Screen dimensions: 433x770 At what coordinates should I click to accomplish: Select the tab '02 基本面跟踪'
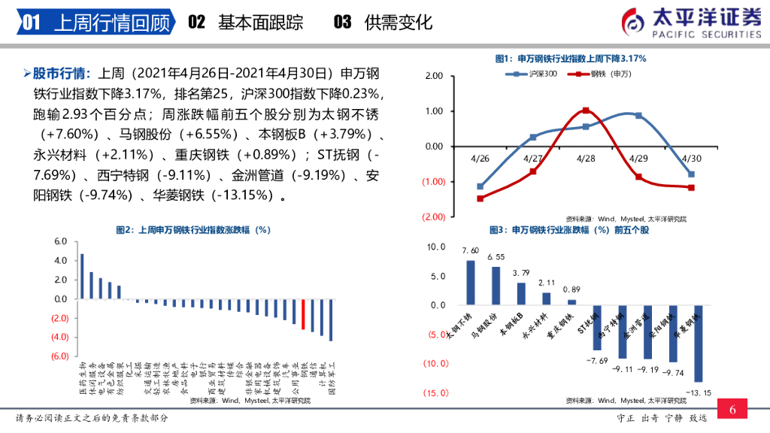point(245,23)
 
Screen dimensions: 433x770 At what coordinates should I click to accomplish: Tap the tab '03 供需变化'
point(383,23)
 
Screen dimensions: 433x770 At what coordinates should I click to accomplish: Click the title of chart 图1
point(571,59)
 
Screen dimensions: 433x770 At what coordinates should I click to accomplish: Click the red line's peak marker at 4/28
point(586,111)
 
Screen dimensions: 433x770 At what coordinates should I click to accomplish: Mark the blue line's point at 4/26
point(480,186)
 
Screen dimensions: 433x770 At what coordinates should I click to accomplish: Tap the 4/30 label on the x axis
point(691,159)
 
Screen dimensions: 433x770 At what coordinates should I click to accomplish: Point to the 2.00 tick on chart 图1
point(434,77)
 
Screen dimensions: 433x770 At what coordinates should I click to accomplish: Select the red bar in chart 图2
point(303,314)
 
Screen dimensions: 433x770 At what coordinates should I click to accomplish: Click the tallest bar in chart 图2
point(82,276)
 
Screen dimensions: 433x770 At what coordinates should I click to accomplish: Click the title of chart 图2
point(193,230)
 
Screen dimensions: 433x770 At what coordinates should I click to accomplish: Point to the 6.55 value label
point(496,257)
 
